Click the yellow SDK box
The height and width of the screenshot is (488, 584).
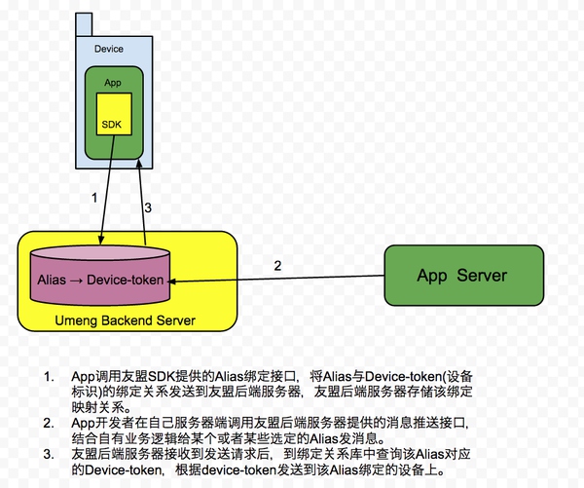(x=114, y=114)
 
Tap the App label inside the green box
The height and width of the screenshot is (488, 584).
(x=113, y=83)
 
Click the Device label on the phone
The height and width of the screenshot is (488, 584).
(x=109, y=49)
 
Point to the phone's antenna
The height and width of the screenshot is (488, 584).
(x=84, y=24)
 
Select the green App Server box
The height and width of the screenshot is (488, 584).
(x=463, y=275)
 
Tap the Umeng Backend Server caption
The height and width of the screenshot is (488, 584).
(x=126, y=320)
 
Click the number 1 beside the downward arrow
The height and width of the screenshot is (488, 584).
(x=94, y=198)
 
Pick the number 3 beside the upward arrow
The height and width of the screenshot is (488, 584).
(x=148, y=207)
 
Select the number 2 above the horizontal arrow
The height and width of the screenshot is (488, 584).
(x=277, y=266)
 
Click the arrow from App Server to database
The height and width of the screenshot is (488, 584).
(x=276, y=279)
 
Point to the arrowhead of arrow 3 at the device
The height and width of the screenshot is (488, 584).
(x=139, y=164)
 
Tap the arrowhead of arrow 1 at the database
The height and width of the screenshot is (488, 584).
(x=100, y=240)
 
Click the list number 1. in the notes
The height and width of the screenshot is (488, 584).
(x=50, y=377)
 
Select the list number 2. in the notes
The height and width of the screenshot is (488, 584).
(x=50, y=423)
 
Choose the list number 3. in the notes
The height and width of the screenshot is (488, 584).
(x=50, y=455)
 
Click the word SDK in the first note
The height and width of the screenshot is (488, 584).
(x=162, y=377)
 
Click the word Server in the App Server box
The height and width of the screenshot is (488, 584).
(x=482, y=276)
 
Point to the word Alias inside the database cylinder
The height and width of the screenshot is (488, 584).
(x=52, y=280)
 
